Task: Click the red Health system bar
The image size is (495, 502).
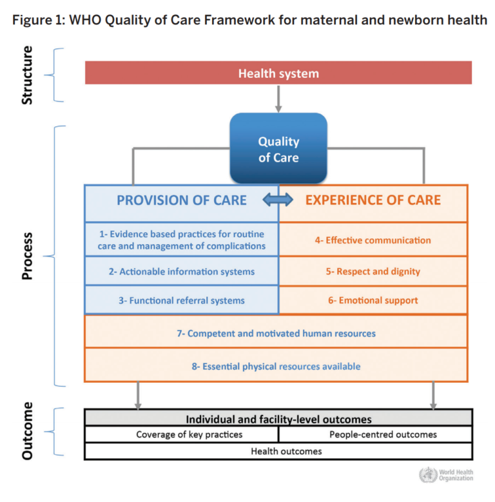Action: (x=278, y=73)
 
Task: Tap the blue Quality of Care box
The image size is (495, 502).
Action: (x=278, y=149)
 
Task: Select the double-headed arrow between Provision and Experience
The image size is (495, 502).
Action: (x=278, y=201)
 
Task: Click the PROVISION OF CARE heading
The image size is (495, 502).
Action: (x=182, y=200)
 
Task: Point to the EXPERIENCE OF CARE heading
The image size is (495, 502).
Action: (x=373, y=200)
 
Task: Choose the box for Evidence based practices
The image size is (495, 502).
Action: (x=182, y=240)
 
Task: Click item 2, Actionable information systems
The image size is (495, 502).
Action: (x=182, y=271)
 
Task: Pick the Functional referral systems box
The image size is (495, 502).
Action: (x=182, y=300)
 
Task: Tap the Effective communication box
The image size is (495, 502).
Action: (x=373, y=240)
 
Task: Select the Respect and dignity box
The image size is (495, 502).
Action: (x=373, y=271)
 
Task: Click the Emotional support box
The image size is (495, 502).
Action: (x=373, y=300)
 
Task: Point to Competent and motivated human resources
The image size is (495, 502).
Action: (x=276, y=333)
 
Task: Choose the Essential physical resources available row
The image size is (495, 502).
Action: (x=276, y=366)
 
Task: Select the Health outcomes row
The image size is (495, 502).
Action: (x=278, y=451)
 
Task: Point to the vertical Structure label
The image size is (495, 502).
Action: (x=27, y=75)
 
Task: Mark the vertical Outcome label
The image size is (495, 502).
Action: (x=27, y=431)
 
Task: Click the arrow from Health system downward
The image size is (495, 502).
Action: (x=278, y=98)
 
